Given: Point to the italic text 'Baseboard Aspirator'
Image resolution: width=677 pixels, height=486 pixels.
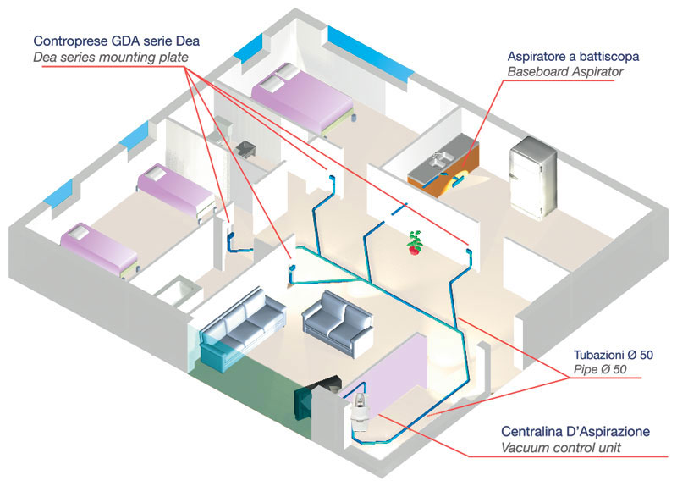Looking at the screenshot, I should pos(564,72).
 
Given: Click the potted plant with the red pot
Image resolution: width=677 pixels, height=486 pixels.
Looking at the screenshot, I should pos(415,243).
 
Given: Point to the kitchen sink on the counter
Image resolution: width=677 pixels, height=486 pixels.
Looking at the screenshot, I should pos(439,160).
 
